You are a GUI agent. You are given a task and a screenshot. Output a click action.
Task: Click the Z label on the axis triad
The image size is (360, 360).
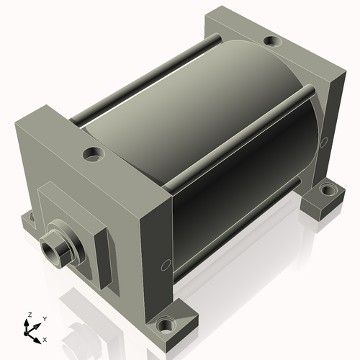coord(30,315)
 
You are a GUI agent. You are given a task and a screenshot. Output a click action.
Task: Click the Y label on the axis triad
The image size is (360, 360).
coord(45,319)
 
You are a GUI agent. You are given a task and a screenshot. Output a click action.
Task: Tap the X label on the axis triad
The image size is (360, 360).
coord(45,340)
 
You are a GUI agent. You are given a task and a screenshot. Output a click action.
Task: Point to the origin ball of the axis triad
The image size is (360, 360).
coord(26,333)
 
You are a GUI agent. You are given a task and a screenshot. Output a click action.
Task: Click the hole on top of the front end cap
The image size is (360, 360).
coord(94,154)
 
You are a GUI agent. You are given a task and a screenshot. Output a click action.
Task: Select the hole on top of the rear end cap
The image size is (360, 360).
coord(273,40)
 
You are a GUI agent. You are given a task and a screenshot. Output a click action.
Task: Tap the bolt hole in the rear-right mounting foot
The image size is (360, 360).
coord(328,189)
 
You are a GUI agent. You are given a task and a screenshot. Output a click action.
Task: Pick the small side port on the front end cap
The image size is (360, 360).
coord(166,265)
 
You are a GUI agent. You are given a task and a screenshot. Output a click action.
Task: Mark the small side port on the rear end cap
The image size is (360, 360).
coord(324,142)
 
